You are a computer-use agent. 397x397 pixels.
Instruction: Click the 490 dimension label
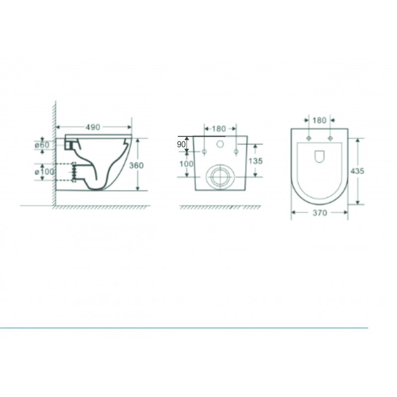coord(93,127)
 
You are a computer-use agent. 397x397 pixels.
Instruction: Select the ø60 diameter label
coord(42,145)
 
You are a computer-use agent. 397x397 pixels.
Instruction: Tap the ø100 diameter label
coord(45,172)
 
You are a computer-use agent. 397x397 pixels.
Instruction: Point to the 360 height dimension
coord(136,165)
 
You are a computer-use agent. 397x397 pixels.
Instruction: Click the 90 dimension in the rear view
coord(181,144)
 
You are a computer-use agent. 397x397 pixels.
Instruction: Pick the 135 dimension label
coord(256,161)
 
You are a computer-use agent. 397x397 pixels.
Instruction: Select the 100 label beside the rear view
coord(187,164)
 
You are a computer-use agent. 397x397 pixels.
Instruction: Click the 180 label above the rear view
coord(219,129)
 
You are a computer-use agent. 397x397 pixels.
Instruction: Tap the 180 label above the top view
coord(319,120)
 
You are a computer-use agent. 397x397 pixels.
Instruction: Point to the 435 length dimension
coord(357,171)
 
